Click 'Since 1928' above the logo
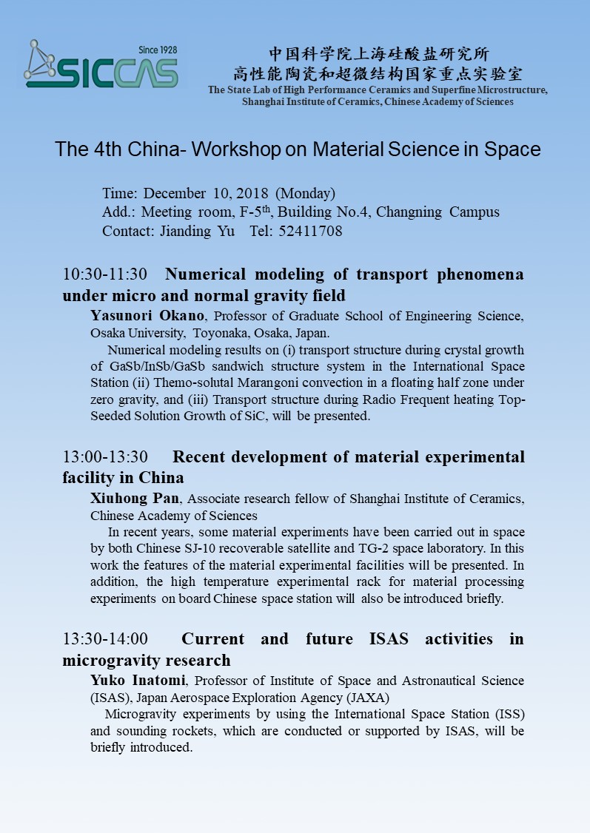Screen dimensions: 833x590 point(158,50)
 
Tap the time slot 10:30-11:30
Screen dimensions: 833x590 point(105,274)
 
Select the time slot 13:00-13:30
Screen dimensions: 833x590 point(105,456)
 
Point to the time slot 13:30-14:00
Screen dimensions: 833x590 point(105,638)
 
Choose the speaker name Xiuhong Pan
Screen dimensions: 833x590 point(134,499)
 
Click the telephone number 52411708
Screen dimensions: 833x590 point(312,231)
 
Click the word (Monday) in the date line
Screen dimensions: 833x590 point(305,193)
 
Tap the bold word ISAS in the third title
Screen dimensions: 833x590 point(388,638)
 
